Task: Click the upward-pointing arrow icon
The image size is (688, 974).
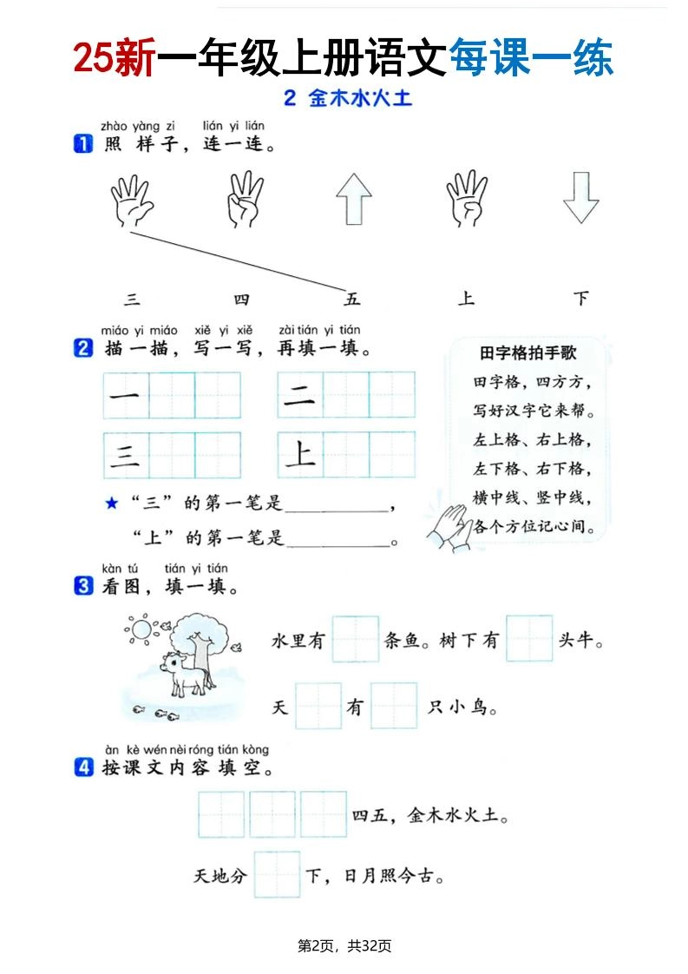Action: [x=353, y=199]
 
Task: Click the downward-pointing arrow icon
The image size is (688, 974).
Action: [x=580, y=199]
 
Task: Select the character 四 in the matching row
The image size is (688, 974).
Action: [x=241, y=299]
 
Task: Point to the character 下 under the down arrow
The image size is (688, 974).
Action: [x=581, y=299]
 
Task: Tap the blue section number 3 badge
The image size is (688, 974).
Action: [x=83, y=587]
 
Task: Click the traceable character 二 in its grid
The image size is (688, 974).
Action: [x=300, y=396]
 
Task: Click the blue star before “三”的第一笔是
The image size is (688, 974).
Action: [x=110, y=503]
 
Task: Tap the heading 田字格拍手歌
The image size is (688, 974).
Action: [x=527, y=353]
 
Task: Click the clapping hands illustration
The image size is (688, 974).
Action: [x=449, y=525]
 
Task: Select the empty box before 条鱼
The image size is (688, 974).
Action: [x=356, y=640]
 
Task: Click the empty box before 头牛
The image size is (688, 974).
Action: [x=529, y=640]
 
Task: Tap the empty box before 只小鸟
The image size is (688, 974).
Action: [x=394, y=706]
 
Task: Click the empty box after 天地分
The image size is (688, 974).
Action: [x=277, y=874]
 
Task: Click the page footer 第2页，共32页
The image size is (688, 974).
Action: [x=344, y=945]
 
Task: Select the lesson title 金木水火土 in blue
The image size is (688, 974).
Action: [x=359, y=99]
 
